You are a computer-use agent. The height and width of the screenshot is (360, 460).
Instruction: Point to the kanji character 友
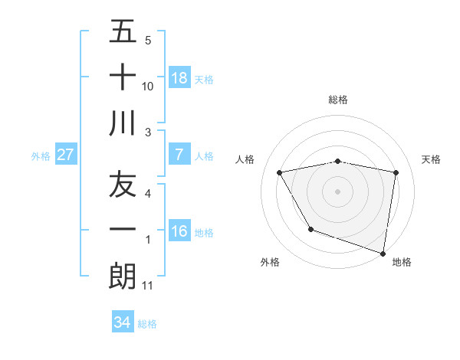point(123,185)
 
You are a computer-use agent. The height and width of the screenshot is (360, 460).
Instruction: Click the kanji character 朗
point(123,276)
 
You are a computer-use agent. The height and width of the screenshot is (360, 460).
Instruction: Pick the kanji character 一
point(123,230)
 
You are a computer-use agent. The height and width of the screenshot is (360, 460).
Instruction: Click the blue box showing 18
point(179,77)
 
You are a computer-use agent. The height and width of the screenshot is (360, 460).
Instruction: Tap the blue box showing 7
point(179,155)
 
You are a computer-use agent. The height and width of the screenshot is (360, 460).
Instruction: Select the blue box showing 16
point(179,231)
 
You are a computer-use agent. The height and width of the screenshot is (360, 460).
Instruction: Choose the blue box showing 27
point(66,155)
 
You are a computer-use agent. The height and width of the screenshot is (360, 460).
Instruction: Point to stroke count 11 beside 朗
point(148,286)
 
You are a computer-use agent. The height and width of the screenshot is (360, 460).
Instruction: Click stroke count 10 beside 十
point(148,87)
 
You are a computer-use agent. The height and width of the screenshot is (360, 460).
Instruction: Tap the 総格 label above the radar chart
point(338,100)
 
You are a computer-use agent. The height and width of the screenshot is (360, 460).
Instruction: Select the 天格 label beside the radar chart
point(432,159)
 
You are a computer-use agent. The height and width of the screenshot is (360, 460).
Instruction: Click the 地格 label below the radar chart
point(402,262)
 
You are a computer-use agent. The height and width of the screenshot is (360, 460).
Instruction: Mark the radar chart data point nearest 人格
point(280,173)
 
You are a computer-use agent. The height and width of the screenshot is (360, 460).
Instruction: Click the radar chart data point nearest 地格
point(383,253)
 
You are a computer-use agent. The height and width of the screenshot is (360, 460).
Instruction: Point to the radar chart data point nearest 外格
point(310,229)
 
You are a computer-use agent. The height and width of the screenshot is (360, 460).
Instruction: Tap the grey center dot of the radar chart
point(338,191)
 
